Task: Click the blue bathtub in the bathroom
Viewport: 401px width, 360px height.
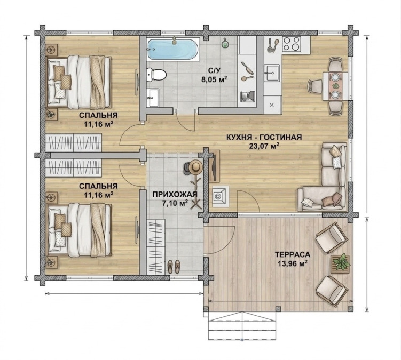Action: click(x=173, y=49)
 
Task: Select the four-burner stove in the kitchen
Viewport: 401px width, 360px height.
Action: click(x=292, y=43)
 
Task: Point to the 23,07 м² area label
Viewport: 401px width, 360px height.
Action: click(x=264, y=146)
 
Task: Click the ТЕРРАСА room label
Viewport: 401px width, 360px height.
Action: click(x=293, y=254)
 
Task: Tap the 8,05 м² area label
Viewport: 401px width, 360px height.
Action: click(x=214, y=79)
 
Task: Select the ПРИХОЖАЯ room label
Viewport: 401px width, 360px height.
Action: click(x=175, y=195)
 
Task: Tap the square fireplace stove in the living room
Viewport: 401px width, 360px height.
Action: click(x=221, y=196)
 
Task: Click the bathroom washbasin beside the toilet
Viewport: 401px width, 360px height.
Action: click(x=153, y=98)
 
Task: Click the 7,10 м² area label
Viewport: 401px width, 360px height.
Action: click(x=175, y=203)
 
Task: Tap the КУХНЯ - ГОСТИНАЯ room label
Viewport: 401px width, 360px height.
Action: click(x=264, y=137)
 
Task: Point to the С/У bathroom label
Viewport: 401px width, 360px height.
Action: click(x=214, y=70)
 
